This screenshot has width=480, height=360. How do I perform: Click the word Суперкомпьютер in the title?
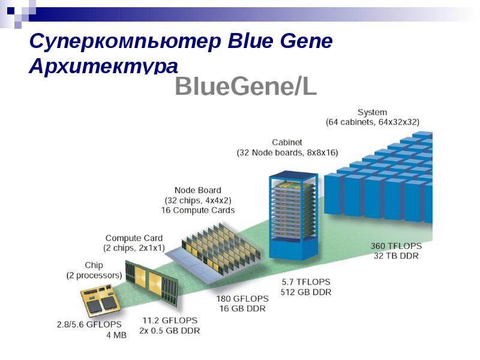click(x=125, y=41)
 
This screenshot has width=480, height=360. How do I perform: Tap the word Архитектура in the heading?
click(x=103, y=66)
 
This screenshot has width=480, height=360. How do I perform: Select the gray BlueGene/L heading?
click(x=246, y=86)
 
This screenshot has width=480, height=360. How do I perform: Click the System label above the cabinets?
click(x=372, y=112)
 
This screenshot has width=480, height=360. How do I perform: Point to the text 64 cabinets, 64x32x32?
click(x=373, y=122)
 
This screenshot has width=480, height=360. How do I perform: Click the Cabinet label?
click(x=287, y=142)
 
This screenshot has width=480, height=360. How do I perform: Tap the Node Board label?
click(x=198, y=190)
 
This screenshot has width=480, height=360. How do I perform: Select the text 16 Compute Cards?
click(x=198, y=211)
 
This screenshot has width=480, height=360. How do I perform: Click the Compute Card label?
click(x=134, y=238)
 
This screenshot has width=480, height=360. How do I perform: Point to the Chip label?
click(x=94, y=265)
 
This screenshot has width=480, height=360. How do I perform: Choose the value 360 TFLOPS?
click(x=396, y=246)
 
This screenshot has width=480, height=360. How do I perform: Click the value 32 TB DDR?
click(x=396, y=256)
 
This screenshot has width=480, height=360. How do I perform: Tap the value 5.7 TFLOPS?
click(x=306, y=282)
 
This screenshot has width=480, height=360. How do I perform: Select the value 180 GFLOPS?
click(x=242, y=298)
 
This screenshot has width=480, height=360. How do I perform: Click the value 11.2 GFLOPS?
click(x=170, y=320)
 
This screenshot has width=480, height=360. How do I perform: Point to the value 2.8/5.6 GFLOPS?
click(x=89, y=325)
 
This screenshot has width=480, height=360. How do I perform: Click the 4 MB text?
click(x=116, y=335)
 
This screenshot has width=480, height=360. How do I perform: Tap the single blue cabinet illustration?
click(x=293, y=216)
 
